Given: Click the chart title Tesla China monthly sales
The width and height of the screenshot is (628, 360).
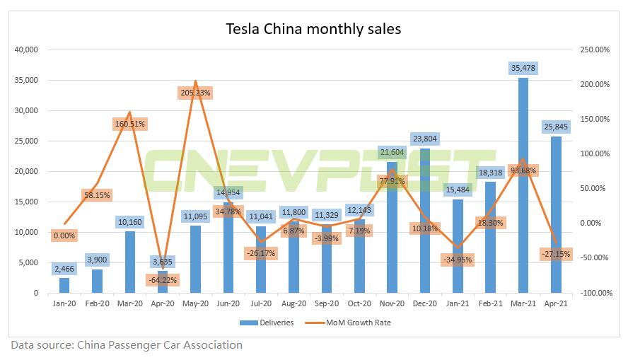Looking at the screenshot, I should coord(313,29).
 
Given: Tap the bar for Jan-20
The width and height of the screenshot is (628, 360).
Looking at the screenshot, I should coord(64,285).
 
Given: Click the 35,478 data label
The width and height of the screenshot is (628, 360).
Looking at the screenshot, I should coord(523,69).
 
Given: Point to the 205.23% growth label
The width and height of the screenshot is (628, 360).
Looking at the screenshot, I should coord(195,93).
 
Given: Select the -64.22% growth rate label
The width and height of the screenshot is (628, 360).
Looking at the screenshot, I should coord(163,280).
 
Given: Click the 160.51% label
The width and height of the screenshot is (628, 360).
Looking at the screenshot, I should coord(129,124).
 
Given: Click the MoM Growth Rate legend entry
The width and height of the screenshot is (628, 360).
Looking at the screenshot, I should coord(354,323).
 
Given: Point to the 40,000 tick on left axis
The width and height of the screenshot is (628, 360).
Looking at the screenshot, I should coord(28,50).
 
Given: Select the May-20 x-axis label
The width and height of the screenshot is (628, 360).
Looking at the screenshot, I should coord(195,304).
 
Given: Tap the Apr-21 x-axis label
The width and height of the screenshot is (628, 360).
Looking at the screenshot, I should coord(556,304).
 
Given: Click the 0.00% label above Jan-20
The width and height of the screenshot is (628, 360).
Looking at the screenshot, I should coord(64,236).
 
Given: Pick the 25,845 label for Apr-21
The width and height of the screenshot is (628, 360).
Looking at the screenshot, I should coord(556,127).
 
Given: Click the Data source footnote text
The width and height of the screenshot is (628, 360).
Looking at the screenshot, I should coord(126,345).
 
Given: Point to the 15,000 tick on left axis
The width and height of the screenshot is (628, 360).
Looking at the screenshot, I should coord(28,202).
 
